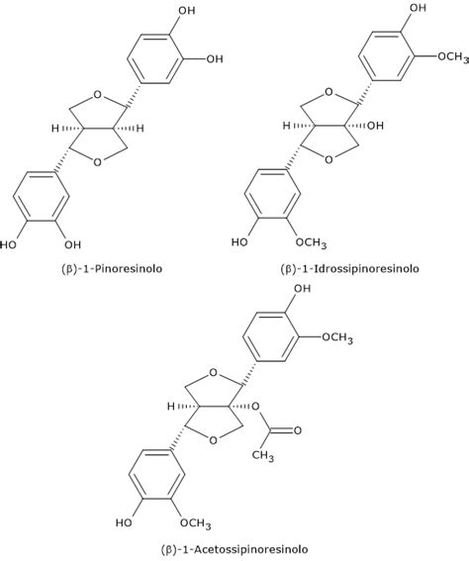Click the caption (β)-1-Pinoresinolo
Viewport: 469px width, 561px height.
(112, 268)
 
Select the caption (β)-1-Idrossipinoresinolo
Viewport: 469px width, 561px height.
(349, 268)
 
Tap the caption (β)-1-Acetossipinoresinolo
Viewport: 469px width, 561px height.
(234, 549)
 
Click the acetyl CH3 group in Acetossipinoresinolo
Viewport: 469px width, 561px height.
(263, 455)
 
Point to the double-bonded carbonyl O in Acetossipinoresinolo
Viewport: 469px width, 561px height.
(297, 430)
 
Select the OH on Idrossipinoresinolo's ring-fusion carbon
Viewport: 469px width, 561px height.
(375, 126)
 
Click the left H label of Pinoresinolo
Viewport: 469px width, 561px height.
(55, 128)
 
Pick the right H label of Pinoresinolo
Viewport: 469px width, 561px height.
(140, 128)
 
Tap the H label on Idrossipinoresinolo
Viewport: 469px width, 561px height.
(287, 126)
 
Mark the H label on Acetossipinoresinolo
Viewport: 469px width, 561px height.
(171, 407)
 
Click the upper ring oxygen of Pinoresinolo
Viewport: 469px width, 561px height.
(97, 94)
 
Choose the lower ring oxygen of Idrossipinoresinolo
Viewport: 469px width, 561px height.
(328, 159)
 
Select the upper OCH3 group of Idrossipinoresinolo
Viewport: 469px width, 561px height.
(453, 57)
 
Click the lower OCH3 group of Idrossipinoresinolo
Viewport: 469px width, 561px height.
(311, 243)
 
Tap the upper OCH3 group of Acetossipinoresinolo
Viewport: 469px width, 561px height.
(337, 338)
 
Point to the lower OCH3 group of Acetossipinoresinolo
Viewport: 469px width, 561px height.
(195, 523)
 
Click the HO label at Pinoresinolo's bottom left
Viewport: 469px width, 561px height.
(8, 245)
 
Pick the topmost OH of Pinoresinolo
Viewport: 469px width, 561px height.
(187, 10)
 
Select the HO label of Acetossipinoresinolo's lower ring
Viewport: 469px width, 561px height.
(124, 522)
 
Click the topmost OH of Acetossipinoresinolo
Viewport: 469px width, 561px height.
(303, 288)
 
